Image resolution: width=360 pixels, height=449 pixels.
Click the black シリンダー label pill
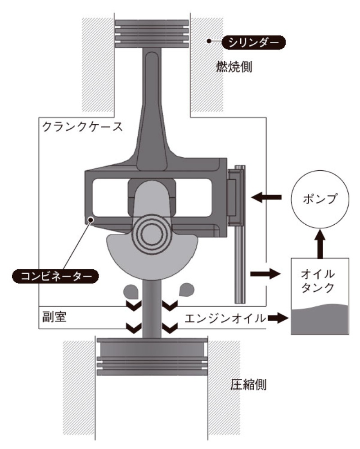[254, 43]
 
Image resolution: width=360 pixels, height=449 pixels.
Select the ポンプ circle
[320, 199]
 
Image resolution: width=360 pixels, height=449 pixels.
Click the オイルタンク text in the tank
[320, 281]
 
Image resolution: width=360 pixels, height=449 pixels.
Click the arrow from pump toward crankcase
[267, 197]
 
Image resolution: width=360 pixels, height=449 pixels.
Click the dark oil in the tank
[320, 321]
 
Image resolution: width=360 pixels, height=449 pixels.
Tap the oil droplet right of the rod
[186, 290]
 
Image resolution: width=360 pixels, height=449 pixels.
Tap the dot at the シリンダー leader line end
[209, 42]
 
